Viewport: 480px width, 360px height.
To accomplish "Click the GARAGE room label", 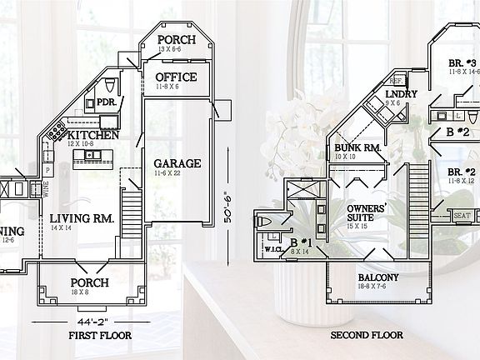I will point(177,163).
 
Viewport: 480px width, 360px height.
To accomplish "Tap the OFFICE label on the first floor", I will point(177,77).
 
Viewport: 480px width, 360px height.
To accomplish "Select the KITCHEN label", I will point(92,135).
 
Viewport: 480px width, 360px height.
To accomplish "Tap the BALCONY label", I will point(378,277).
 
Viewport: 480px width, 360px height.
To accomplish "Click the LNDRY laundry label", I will point(402,95).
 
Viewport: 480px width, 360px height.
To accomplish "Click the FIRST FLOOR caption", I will point(99,335).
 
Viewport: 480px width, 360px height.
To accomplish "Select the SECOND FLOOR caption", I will point(367,335).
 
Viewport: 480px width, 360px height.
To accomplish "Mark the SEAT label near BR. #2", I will point(462,215).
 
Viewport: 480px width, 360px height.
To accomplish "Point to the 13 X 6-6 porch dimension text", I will point(177,51).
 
